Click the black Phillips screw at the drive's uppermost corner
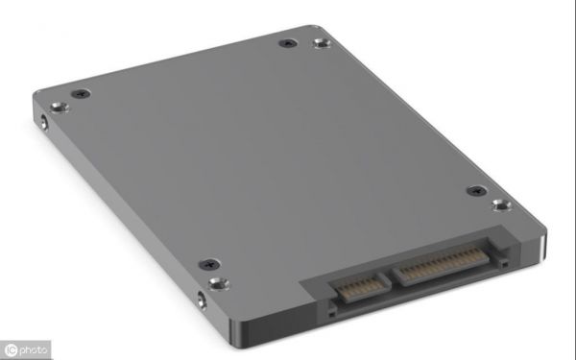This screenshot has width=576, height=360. (288, 43)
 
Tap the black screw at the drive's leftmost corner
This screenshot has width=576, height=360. (81, 94)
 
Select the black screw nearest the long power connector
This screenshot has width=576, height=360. (477, 191)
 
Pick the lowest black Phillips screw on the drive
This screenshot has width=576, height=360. (209, 264)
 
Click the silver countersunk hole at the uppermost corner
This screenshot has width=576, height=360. (323, 43)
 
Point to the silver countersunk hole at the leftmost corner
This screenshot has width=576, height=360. (60, 108)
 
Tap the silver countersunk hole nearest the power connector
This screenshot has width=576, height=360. (502, 205)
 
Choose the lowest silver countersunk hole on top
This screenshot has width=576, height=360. (219, 284)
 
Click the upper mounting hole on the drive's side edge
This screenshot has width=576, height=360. (44, 122)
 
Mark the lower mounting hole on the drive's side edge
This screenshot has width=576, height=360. (202, 300)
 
